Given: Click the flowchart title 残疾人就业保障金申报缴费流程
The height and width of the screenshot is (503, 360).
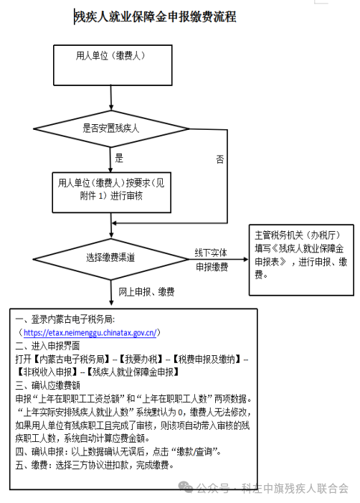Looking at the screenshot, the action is [155, 17].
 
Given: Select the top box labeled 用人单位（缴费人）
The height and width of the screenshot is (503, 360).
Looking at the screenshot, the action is [113, 65].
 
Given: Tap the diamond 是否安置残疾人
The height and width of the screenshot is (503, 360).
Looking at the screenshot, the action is [111, 129].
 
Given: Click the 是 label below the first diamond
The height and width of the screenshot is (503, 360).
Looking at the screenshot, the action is [119, 158].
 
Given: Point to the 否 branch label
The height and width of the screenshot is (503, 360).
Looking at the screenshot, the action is [219, 159].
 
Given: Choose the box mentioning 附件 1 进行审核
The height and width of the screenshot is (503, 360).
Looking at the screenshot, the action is [112, 192].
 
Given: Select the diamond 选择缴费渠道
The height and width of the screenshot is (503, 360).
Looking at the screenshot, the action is [111, 259].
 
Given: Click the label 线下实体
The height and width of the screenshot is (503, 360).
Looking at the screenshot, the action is [211, 253].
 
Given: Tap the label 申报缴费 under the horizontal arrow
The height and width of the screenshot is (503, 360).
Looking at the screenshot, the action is [212, 267].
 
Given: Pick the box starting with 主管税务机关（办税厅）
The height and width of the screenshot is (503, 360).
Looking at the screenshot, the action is [301, 260].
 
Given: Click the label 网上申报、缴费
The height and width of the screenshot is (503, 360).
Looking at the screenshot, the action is [146, 291].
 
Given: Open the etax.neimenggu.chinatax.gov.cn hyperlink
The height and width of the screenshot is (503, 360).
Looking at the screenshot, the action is [90, 333].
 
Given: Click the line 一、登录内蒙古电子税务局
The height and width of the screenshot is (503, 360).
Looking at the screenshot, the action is [65, 319].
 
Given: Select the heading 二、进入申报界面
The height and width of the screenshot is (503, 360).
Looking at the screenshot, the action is [47, 346].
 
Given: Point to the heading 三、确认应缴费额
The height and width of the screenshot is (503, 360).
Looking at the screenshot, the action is [47, 385].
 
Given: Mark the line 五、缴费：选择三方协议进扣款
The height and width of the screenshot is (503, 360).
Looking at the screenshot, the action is [94, 465].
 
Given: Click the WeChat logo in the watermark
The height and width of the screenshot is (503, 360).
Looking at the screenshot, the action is [186, 487].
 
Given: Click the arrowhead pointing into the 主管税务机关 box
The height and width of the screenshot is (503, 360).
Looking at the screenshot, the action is [246, 259].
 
